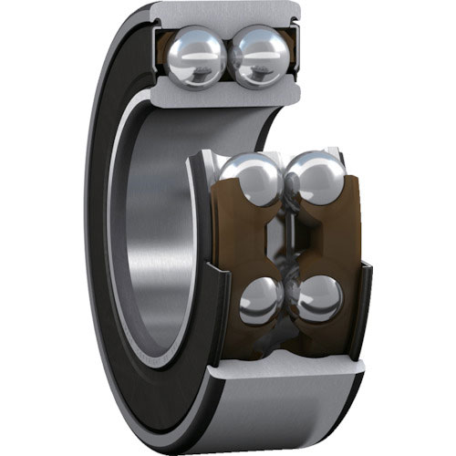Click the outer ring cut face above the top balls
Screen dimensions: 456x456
224,13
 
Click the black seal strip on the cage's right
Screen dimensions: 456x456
366,301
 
